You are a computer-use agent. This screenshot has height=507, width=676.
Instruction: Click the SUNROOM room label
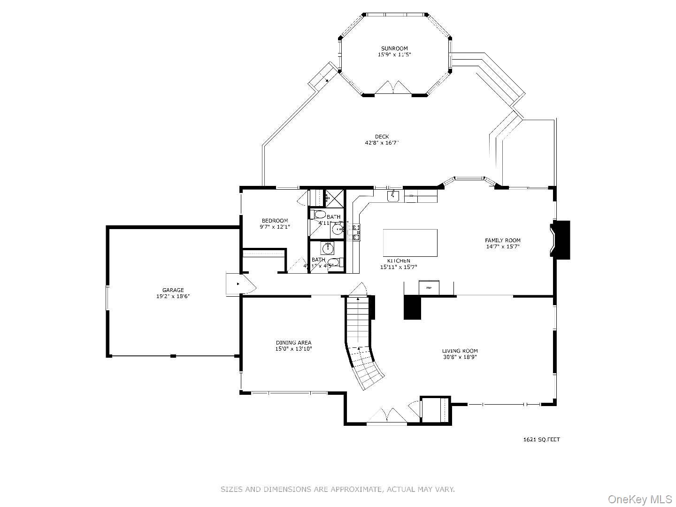(394, 48)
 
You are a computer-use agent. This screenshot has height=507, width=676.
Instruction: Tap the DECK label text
(382, 137)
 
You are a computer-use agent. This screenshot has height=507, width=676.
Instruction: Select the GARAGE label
(173, 290)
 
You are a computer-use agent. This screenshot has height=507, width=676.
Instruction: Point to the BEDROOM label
(275, 221)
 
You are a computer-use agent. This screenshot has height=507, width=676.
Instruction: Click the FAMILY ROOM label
(502, 240)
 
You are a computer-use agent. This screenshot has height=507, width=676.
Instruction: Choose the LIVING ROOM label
(460, 351)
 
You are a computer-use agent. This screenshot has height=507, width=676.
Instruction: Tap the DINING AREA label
(293, 343)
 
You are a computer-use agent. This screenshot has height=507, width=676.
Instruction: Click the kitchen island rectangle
(410, 242)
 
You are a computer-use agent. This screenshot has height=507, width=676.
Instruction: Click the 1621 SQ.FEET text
(541, 440)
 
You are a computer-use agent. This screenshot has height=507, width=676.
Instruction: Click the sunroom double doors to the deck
(393, 88)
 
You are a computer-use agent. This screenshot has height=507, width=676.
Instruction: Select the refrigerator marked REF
(429, 287)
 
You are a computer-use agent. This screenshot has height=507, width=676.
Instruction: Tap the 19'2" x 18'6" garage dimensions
(173, 296)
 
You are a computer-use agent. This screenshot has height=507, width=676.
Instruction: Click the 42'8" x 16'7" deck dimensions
(382, 143)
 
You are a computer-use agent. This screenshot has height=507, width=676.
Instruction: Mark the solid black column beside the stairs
(413, 307)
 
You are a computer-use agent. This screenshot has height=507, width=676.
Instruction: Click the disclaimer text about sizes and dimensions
(338, 489)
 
